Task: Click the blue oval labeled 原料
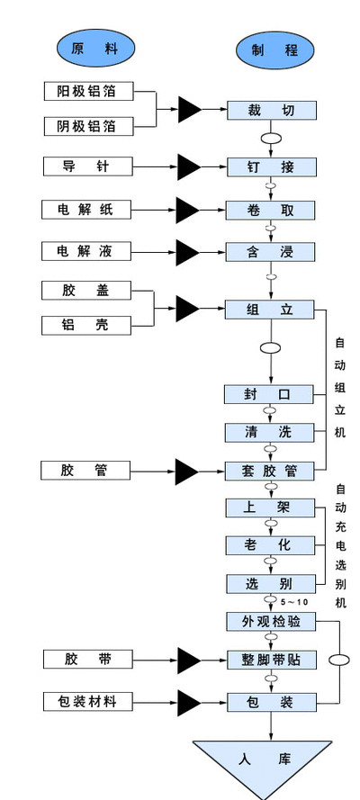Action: coord(95,49)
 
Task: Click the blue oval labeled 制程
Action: coord(274,50)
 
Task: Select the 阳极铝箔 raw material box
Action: coord(88,91)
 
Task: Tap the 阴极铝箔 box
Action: coord(88,126)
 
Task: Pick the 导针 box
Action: coord(86,166)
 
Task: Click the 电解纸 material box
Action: coord(86,209)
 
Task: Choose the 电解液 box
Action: coord(86,251)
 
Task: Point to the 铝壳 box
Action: coord(86,325)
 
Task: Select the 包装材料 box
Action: coord(87,702)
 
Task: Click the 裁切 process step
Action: coord(272,110)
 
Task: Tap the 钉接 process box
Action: coord(272,166)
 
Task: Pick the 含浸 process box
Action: coord(270,252)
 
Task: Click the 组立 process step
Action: coord(270,310)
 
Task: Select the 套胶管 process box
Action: coord(270,471)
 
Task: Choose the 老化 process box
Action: coord(271,545)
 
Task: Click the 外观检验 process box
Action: coord(271,622)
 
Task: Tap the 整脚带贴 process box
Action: coord(272,660)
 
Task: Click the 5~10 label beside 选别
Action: coord(294,602)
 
